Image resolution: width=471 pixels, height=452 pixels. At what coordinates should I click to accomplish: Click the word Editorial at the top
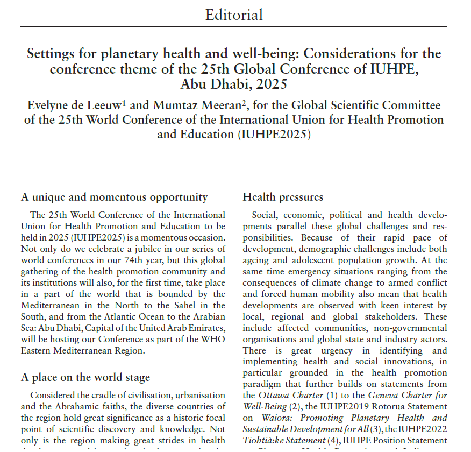click(x=234, y=15)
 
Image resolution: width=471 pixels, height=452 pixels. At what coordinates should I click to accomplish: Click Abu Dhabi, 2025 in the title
click(x=234, y=84)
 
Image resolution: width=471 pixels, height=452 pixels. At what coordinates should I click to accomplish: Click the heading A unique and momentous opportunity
click(x=114, y=197)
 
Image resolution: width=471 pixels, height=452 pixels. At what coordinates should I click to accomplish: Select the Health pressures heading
click(x=283, y=197)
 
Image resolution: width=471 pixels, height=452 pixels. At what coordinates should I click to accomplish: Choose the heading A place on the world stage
click(x=85, y=377)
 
